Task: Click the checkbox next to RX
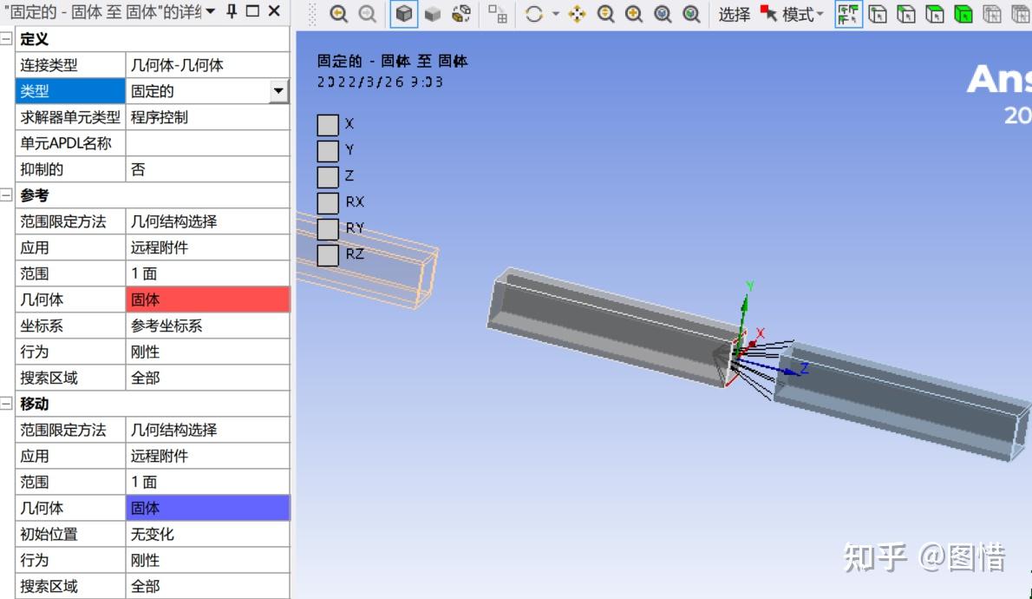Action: pyautogui.click(x=327, y=203)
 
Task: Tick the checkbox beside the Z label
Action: pyautogui.click(x=327, y=177)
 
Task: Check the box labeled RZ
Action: pyautogui.click(x=327, y=255)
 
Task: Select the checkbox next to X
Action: pyautogui.click(x=327, y=125)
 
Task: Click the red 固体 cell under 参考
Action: pyautogui.click(x=207, y=299)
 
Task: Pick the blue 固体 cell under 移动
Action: pyautogui.click(x=207, y=508)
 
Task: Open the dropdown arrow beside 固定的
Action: pyautogui.click(x=278, y=91)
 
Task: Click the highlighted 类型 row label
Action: pyautogui.click(x=70, y=91)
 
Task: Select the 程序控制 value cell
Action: pyautogui.click(x=207, y=117)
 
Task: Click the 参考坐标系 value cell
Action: pyautogui.click(x=207, y=326)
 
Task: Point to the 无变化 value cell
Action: pyautogui.click(x=207, y=534)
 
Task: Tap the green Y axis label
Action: pyautogui.click(x=750, y=286)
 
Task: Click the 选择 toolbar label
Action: pyautogui.click(x=734, y=14)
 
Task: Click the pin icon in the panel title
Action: pyautogui.click(x=232, y=11)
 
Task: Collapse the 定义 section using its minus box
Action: pyautogui.click(x=7, y=39)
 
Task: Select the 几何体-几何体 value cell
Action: pyautogui.click(x=207, y=65)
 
